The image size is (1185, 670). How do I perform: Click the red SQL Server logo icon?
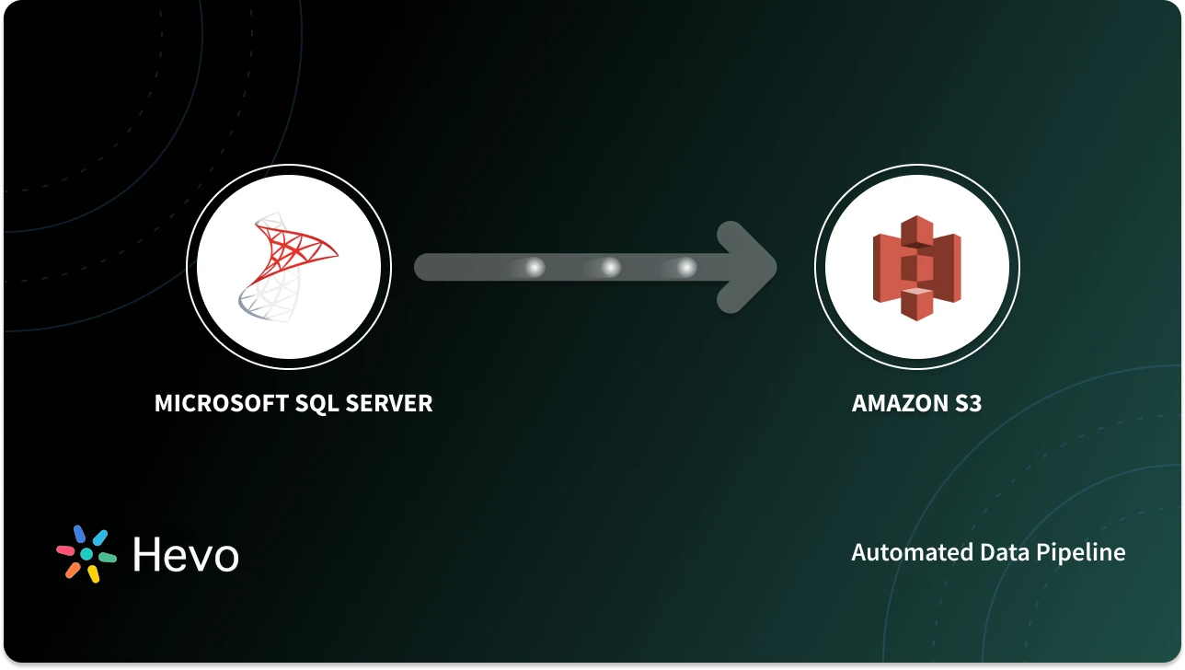(x=294, y=248)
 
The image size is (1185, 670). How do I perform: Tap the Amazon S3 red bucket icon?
(x=916, y=268)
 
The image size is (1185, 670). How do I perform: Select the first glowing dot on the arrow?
(x=535, y=268)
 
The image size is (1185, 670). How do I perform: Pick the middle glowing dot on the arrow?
(x=611, y=268)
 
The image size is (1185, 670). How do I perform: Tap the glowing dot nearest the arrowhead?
(x=686, y=268)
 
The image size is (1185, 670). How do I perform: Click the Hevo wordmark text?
(x=185, y=555)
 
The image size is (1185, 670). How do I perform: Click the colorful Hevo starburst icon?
(x=86, y=554)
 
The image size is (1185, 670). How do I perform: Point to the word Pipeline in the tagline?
(x=1082, y=552)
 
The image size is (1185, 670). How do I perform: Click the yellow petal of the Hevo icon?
(x=93, y=574)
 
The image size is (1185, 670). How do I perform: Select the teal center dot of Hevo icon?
(x=86, y=554)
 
